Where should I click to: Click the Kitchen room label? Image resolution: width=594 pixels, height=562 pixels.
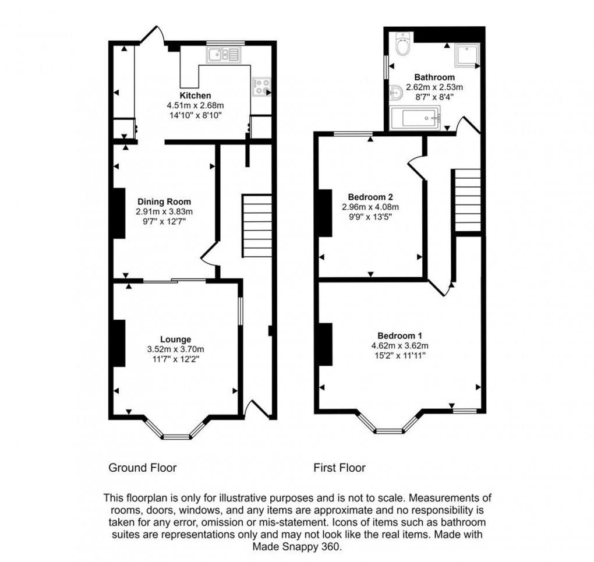click(x=195, y=96)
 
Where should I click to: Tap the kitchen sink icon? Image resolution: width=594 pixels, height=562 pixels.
click(x=222, y=55)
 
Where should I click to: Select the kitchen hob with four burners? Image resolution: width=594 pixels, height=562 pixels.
click(x=261, y=87)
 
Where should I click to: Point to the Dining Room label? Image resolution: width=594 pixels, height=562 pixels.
click(x=164, y=202)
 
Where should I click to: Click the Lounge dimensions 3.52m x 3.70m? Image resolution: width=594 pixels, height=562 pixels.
click(x=175, y=349)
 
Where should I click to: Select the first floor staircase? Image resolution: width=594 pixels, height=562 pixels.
click(x=467, y=200)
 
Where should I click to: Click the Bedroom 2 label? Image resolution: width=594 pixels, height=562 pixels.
click(x=370, y=196)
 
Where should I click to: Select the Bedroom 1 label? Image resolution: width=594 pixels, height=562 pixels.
click(x=399, y=335)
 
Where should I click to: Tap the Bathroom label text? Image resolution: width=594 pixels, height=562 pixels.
click(x=434, y=77)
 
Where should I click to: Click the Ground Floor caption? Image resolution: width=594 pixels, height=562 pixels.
click(x=143, y=468)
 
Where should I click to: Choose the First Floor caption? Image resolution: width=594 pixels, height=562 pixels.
click(x=340, y=468)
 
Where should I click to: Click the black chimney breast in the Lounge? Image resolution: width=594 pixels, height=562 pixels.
click(x=119, y=344)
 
